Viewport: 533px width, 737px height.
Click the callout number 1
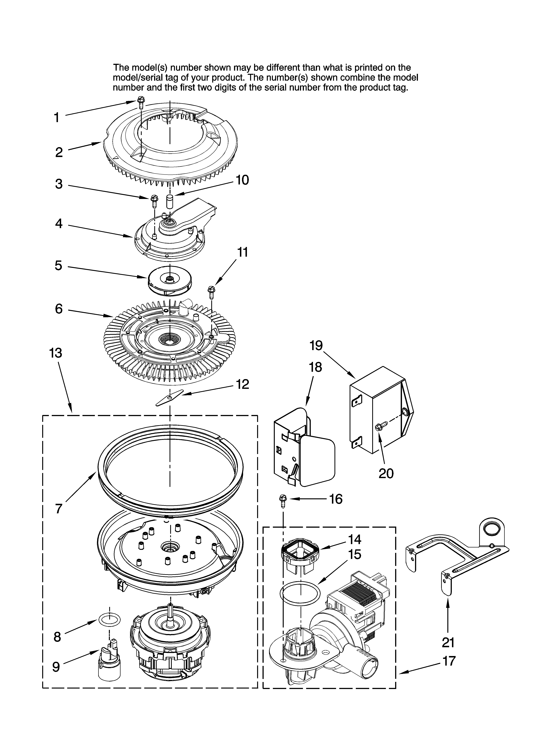click(x=57, y=118)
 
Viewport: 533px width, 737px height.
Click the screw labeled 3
click(x=154, y=201)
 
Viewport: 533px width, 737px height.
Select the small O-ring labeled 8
click(x=109, y=620)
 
